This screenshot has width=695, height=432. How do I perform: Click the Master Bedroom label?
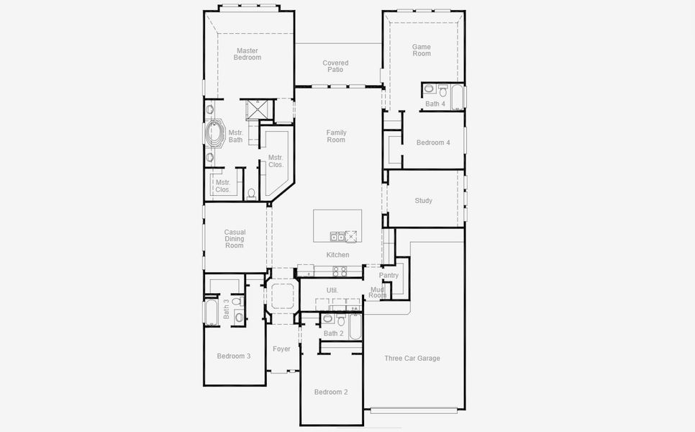coord(247,54)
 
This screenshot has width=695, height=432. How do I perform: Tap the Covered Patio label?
coord(335,66)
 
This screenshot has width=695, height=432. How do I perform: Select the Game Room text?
coord(422,50)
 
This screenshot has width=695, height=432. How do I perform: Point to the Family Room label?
coord(336,136)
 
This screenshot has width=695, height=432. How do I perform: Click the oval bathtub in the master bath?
coord(214,134)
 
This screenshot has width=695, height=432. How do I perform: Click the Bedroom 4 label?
coord(433,143)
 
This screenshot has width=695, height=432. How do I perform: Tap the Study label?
coord(423,201)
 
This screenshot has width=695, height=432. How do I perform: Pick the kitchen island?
coord(337,226)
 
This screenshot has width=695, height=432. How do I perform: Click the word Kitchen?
coord(337,255)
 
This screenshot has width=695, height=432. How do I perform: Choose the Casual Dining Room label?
coord(235,239)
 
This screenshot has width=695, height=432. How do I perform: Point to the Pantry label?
coord(389,275)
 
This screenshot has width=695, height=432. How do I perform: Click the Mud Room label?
coord(378,292)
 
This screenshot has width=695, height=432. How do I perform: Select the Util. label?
coord(332,290)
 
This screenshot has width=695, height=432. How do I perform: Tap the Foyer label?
coord(281,349)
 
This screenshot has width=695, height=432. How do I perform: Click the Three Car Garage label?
coord(412,359)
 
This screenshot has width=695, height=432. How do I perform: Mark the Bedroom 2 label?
coord(330,392)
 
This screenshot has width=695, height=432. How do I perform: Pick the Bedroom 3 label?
coord(234,356)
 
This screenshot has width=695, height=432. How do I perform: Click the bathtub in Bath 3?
coord(212,312)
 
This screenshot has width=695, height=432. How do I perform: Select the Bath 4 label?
coord(435,104)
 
